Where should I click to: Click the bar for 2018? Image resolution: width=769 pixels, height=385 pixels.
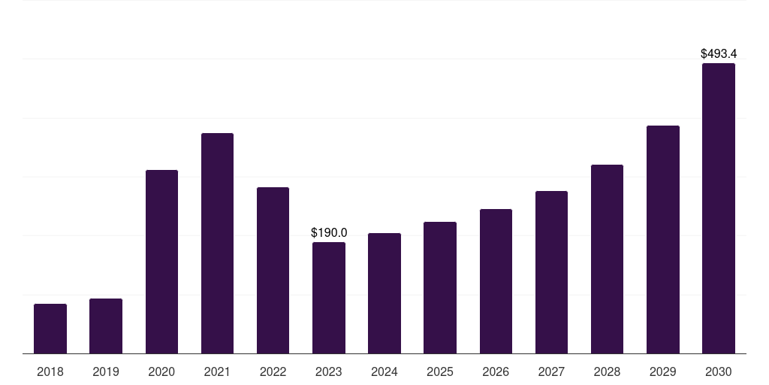coord(50,329)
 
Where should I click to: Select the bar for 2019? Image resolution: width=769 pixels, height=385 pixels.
coord(106,326)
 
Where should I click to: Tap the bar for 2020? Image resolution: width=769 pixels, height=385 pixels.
coord(161,262)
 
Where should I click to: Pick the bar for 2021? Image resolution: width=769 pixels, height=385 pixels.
coord(217,243)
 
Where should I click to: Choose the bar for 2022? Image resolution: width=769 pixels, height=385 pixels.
coord(273,270)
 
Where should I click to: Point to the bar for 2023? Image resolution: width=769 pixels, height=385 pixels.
coord(329,298)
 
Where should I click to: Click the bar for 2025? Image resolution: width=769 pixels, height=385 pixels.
coord(440,287)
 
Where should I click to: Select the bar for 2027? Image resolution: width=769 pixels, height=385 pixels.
coord(551,272)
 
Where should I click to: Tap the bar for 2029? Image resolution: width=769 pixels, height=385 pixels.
coord(662,239)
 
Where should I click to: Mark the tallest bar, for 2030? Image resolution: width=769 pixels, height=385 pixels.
coord(719,208)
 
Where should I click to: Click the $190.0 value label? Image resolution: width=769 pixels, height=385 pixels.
coord(329,233)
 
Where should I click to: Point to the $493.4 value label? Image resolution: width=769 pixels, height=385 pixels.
coord(719,54)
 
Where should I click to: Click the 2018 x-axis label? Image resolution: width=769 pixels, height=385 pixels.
coord(50,371)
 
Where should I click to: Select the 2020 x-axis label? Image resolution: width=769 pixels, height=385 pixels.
coord(161,371)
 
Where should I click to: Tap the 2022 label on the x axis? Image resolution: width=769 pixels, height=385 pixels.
coord(273,371)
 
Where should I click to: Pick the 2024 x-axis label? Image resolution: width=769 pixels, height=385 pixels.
coord(384,371)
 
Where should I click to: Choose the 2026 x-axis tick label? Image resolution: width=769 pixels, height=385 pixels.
coord(496,371)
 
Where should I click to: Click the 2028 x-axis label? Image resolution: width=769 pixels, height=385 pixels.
coord(607,371)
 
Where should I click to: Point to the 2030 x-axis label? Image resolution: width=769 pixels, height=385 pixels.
coord(719,371)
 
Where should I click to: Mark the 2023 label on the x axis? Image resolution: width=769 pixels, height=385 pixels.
coord(329,371)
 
